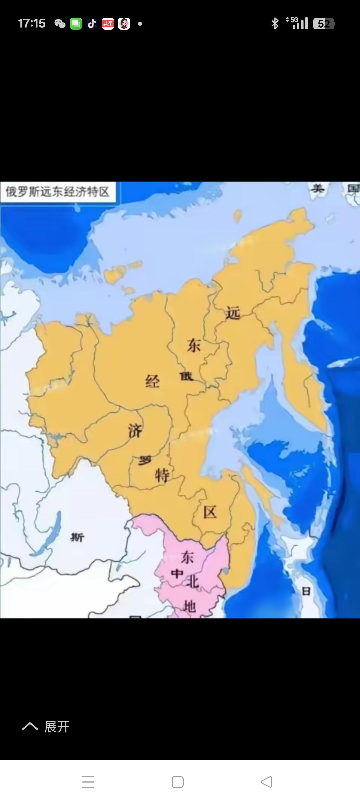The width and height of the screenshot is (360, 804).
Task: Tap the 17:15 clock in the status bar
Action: point(32,23)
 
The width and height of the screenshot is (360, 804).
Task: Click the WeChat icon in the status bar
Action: point(60,24)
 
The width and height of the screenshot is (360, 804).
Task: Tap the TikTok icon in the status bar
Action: point(92,24)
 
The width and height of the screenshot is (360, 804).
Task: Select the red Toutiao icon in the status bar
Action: point(108,24)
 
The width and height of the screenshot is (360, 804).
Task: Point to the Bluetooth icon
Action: point(275,23)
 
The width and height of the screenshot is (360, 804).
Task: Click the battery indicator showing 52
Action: point(324,24)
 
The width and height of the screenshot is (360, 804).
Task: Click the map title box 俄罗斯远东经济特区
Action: point(58,192)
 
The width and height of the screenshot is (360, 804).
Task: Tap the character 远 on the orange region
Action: point(233,313)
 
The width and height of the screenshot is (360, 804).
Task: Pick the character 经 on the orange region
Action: point(152,381)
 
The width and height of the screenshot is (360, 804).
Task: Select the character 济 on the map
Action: point(135,431)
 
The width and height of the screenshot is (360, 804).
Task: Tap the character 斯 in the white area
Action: point(77,537)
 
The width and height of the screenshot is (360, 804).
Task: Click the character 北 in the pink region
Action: point(192,582)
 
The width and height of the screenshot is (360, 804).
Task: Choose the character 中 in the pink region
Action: point(177,574)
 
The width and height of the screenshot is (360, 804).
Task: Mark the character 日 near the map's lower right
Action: point(306,591)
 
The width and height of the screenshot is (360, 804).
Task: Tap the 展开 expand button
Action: point(47,727)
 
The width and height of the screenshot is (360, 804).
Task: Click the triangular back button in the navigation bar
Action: point(266,782)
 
